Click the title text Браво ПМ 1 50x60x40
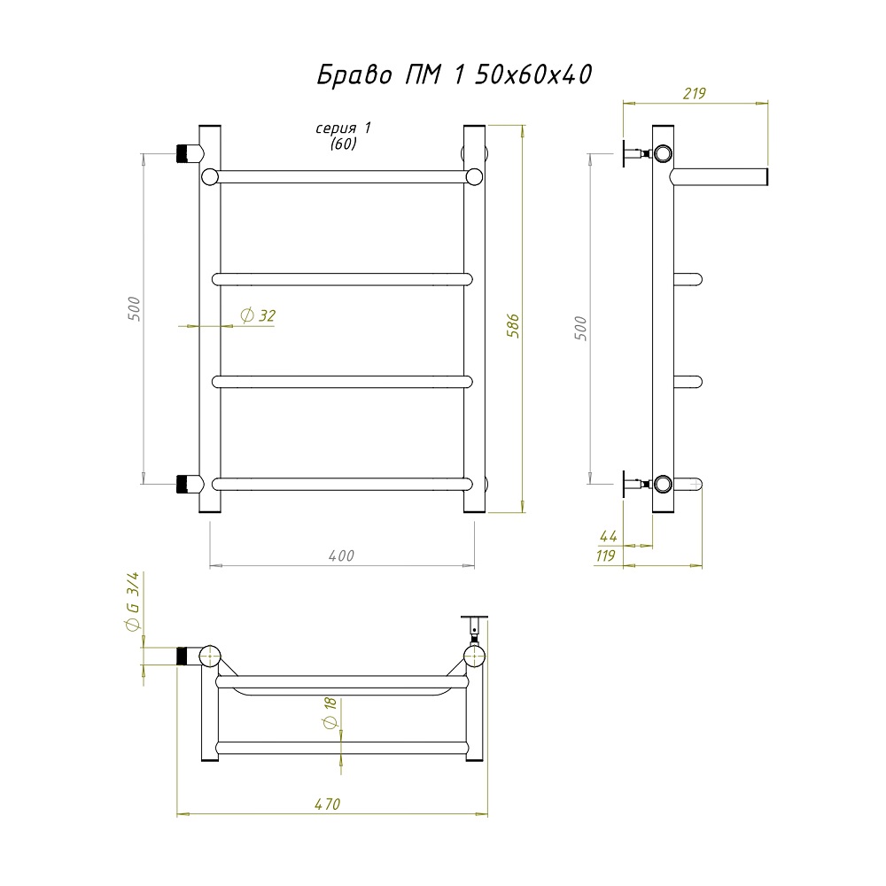click(x=454, y=74)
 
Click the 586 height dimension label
click(x=513, y=325)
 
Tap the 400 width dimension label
click(x=341, y=556)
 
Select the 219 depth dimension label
click(x=694, y=93)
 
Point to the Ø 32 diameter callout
click(x=258, y=315)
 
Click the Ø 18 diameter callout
click(x=330, y=712)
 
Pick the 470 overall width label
click(x=328, y=804)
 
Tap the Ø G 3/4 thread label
click(x=132, y=602)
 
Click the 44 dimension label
click(x=608, y=536)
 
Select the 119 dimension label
click(x=605, y=556)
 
